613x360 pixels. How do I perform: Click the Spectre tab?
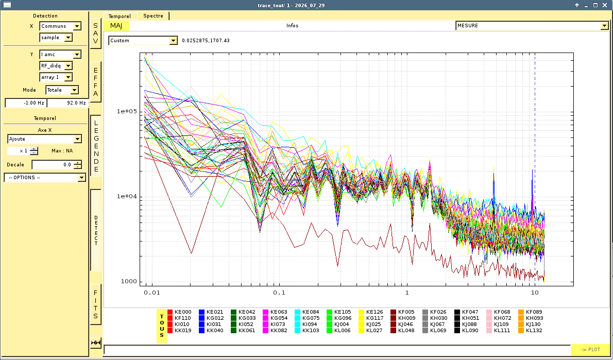[154, 15]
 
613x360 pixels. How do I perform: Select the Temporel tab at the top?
[120, 16]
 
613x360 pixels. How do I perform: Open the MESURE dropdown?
[532, 26]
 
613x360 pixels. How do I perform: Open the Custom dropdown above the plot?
[143, 41]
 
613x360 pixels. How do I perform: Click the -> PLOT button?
[590, 350]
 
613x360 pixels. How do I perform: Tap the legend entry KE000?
[179, 312]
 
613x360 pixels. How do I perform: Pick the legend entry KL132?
[530, 330]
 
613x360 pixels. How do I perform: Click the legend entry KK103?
[307, 330]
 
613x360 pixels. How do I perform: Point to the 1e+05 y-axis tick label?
[127, 111]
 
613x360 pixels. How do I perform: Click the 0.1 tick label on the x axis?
[279, 293]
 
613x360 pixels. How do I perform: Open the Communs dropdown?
[60, 26]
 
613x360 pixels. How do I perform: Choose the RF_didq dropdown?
[56, 66]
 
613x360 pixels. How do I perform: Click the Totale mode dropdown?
[62, 90]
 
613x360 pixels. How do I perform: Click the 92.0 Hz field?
[67, 103]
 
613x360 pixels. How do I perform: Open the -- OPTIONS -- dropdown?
[45, 178]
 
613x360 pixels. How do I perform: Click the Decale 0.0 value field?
[57, 165]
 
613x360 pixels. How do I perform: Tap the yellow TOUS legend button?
[162, 326]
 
